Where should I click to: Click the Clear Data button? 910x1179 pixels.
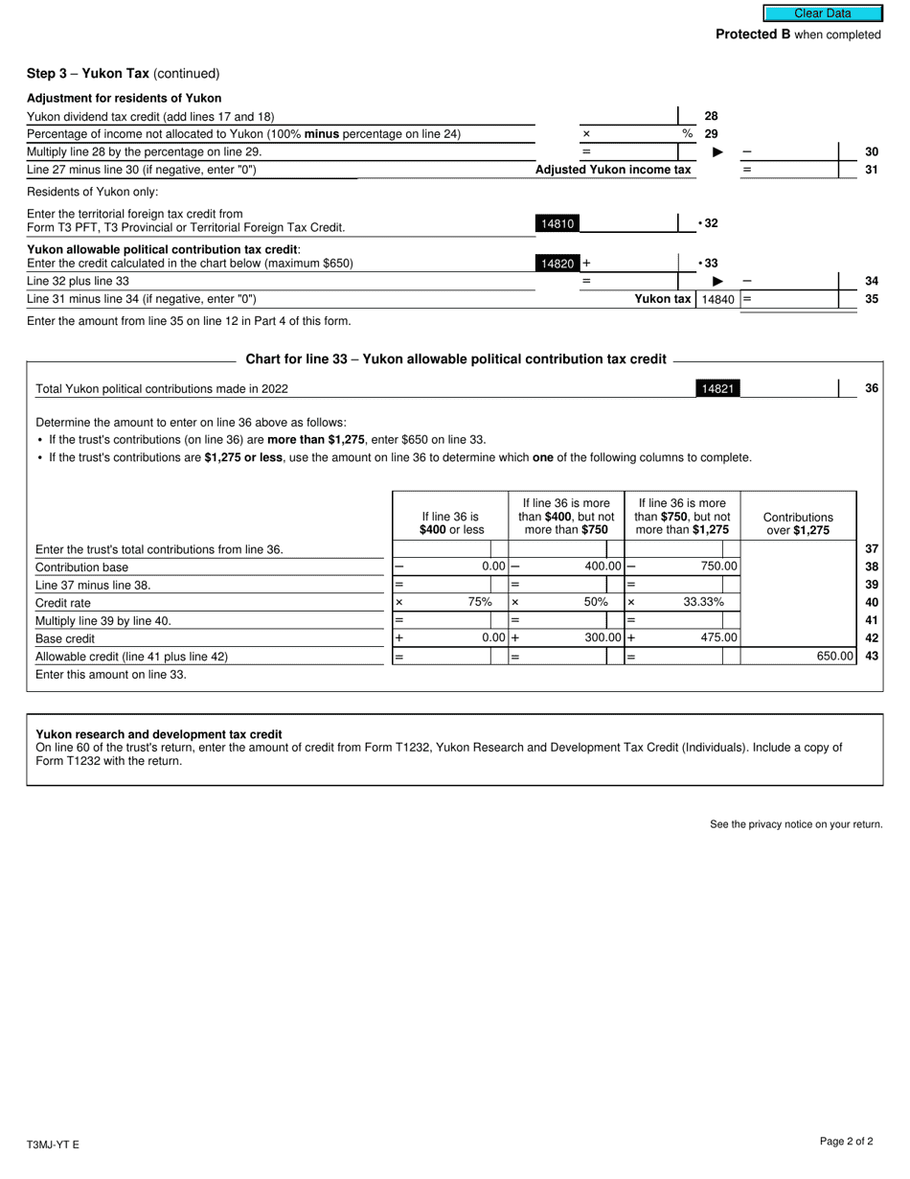(x=822, y=13)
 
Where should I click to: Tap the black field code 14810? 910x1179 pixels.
(x=557, y=223)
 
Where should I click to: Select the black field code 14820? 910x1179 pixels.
(x=557, y=263)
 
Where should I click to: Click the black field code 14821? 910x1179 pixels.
(x=717, y=388)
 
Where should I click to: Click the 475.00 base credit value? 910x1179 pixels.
(x=718, y=637)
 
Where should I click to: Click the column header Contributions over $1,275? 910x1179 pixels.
(x=798, y=523)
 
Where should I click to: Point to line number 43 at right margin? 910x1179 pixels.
(x=872, y=657)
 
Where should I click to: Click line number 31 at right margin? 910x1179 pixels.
(x=872, y=170)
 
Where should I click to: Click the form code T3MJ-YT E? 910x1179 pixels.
(x=53, y=1144)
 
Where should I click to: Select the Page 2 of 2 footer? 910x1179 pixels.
(x=846, y=1141)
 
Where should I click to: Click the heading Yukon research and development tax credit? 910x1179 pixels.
(x=159, y=734)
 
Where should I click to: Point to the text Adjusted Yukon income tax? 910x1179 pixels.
(x=613, y=170)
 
